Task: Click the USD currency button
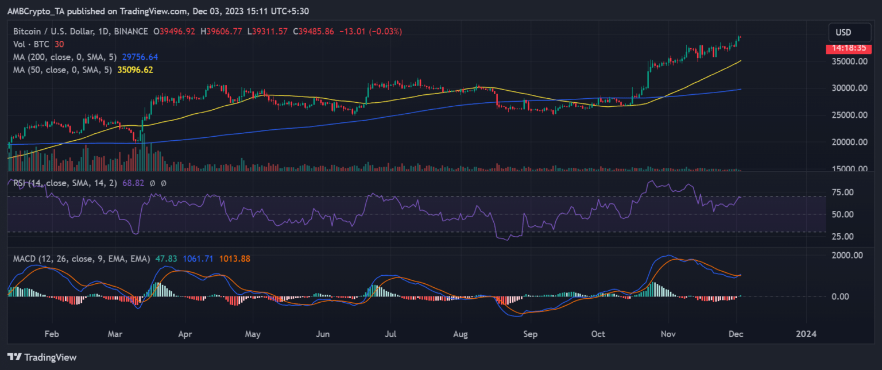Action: pyautogui.click(x=843, y=32)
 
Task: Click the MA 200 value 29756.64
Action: pyautogui.click(x=138, y=57)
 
